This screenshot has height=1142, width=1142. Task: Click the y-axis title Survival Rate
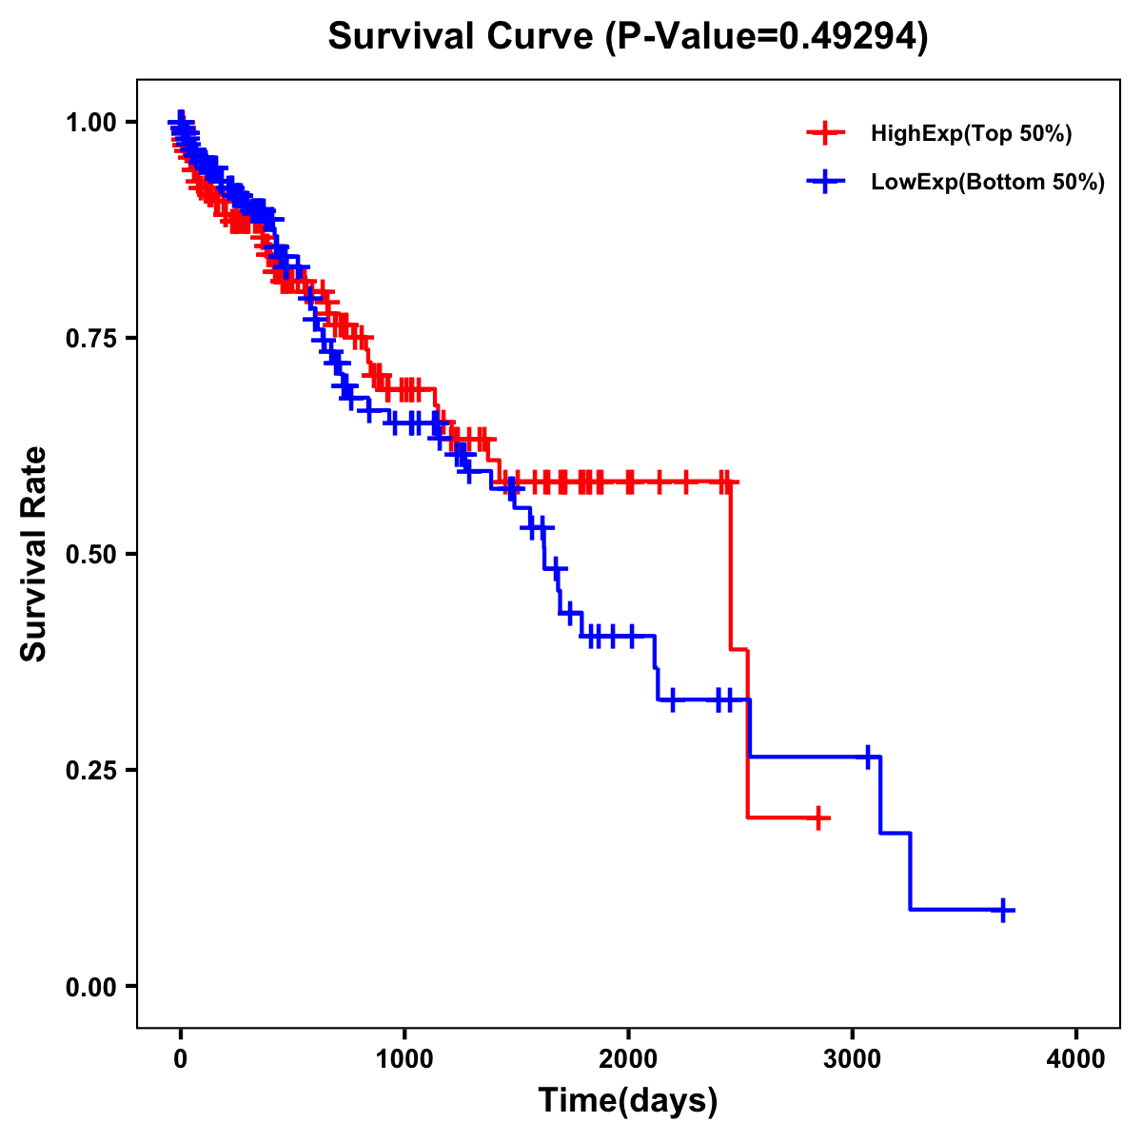pyautogui.click(x=34, y=553)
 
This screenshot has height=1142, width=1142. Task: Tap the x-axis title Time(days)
pyautogui.click(x=628, y=1100)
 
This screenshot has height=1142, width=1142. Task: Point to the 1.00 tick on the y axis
pyautogui.click(x=90, y=122)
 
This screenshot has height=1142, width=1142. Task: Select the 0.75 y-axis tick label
pyautogui.click(x=90, y=338)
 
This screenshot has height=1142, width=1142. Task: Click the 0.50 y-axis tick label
pyautogui.click(x=90, y=554)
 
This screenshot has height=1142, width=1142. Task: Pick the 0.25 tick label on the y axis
pyautogui.click(x=90, y=770)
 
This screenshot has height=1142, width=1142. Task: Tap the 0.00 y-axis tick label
pyautogui.click(x=90, y=986)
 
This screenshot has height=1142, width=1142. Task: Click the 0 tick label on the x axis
pyautogui.click(x=181, y=1058)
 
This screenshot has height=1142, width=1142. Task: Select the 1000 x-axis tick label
pyautogui.click(x=404, y=1058)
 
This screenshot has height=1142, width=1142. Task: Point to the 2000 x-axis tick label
pyautogui.click(x=628, y=1058)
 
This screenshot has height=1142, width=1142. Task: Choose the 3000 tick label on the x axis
pyautogui.click(x=853, y=1058)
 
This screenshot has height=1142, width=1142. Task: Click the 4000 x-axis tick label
pyautogui.click(x=1076, y=1058)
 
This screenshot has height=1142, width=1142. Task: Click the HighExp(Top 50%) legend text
pyautogui.click(x=972, y=134)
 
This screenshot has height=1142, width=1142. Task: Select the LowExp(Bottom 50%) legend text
pyautogui.click(x=988, y=182)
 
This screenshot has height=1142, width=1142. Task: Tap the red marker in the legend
pyautogui.click(x=826, y=133)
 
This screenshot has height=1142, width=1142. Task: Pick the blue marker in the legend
pyautogui.click(x=826, y=181)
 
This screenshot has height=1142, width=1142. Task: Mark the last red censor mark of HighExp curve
pyautogui.click(x=817, y=817)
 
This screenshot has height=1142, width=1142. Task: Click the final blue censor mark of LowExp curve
pyautogui.click(x=1003, y=910)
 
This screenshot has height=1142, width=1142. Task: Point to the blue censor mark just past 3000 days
pyautogui.click(x=868, y=757)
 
